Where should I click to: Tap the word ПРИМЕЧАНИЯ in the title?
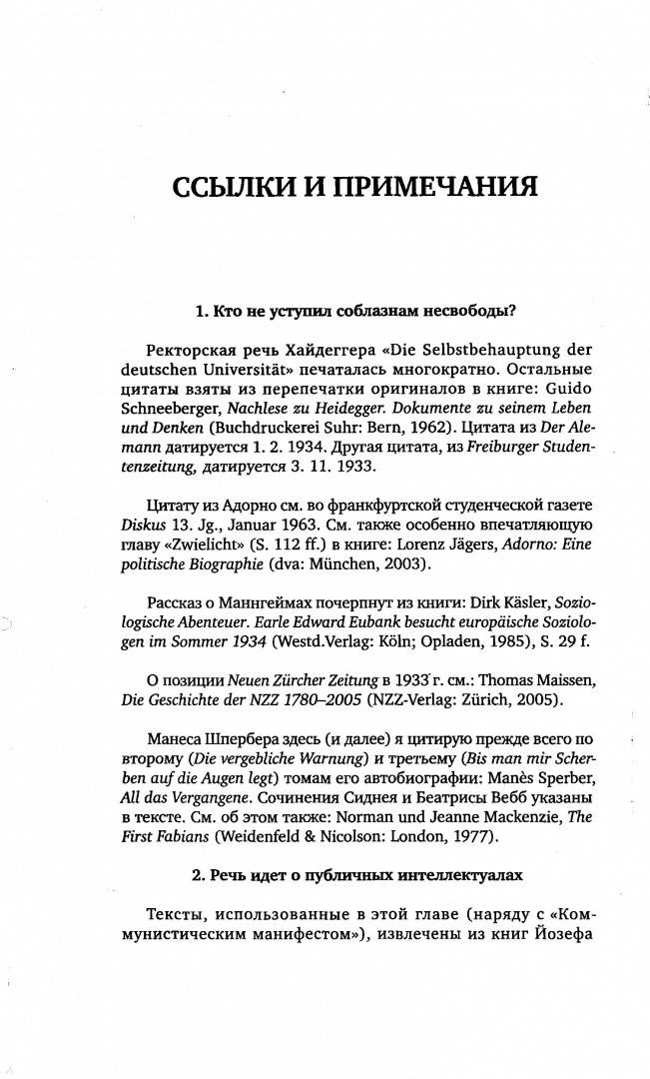point(430,188)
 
